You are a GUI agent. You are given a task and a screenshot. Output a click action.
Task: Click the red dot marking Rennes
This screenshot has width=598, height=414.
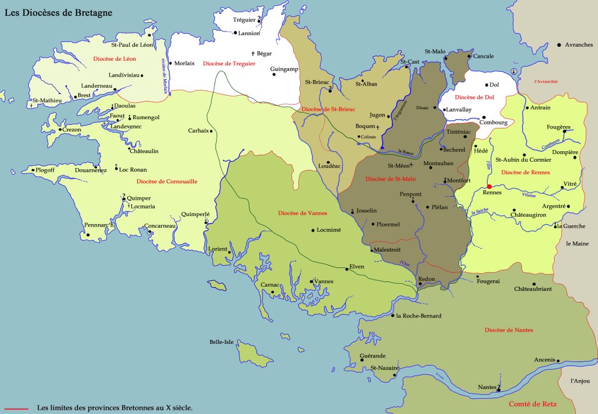click(489, 187)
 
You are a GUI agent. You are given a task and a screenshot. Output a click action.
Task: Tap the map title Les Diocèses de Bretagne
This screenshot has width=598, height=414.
click(59, 12)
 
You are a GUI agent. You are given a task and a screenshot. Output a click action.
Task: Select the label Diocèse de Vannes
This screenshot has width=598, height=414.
click(303, 213)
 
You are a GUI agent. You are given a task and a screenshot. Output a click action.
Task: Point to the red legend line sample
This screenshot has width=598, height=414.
click(16, 408)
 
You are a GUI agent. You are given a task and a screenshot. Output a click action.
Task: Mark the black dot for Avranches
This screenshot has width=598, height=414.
click(559, 45)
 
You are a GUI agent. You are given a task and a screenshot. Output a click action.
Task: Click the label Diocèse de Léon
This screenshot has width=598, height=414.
click(114, 58)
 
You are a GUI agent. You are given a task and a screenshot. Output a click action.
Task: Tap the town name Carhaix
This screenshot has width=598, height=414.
click(198, 131)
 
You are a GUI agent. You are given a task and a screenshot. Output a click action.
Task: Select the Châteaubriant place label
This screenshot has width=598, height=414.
click(533, 288)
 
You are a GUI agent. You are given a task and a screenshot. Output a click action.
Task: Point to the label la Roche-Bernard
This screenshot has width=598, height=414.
click(419, 316)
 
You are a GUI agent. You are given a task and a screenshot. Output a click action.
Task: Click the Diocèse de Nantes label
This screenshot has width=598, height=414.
click(509, 330)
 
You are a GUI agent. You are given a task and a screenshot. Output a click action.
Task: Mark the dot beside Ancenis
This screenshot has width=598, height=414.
click(558, 361)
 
